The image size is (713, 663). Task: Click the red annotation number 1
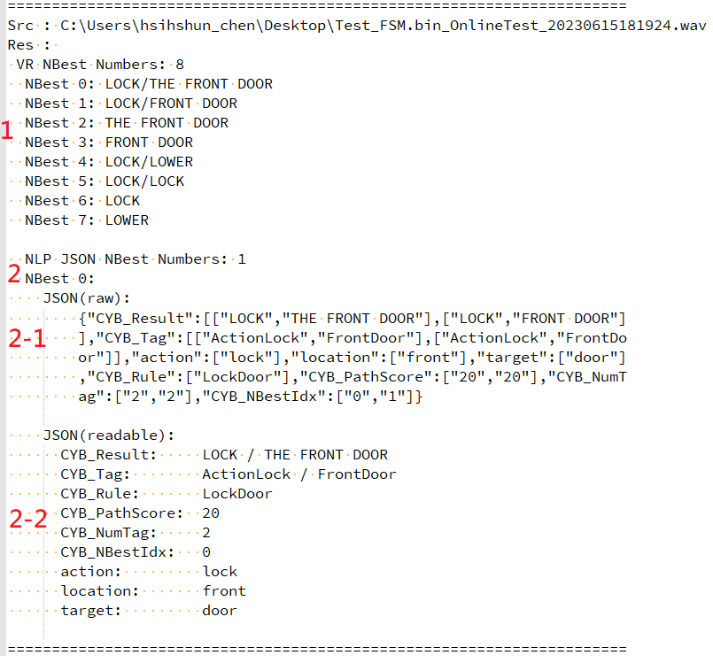click(x=7, y=130)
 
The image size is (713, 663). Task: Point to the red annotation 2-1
click(x=27, y=338)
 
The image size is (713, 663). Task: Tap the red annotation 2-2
click(x=28, y=519)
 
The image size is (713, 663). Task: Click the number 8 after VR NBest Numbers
click(x=180, y=65)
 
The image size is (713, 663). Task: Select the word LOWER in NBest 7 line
click(x=127, y=220)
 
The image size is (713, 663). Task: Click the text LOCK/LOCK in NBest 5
click(x=144, y=181)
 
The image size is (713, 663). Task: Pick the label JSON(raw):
click(x=87, y=298)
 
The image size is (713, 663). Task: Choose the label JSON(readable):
click(x=109, y=436)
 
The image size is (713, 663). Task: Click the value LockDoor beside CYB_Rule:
click(x=237, y=494)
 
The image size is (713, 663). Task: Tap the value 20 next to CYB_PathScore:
click(x=211, y=513)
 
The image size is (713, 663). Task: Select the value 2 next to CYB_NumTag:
click(x=206, y=533)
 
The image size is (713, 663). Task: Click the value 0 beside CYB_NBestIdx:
click(x=206, y=552)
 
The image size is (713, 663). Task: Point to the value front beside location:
click(x=224, y=590)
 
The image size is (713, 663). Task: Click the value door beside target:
click(x=220, y=610)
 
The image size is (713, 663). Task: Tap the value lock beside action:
click(x=220, y=571)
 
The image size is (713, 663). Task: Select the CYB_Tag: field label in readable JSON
click(x=95, y=474)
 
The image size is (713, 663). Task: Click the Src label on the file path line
click(x=20, y=26)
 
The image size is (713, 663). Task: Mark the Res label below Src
click(x=20, y=45)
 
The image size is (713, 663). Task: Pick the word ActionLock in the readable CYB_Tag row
click(x=246, y=474)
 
